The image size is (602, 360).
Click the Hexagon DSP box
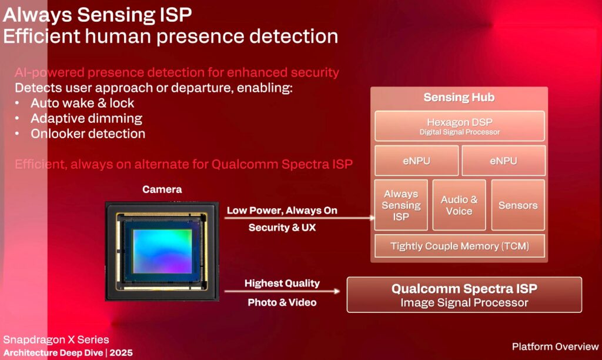click(x=460, y=126)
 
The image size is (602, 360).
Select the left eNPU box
click(x=417, y=161)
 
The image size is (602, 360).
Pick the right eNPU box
click(x=503, y=161)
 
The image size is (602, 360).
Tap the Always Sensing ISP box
click(x=401, y=205)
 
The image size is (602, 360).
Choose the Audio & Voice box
click(x=459, y=205)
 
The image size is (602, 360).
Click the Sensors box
click(x=518, y=205)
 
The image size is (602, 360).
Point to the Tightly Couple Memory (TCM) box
click(x=460, y=246)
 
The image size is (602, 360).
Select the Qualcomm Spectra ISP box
click(x=464, y=295)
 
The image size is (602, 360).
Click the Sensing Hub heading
click(x=459, y=97)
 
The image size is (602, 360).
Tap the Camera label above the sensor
click(x=162, y=189)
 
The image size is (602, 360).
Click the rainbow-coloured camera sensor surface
click(x=162, y=251)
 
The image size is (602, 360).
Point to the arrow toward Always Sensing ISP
click(x=299, y=218)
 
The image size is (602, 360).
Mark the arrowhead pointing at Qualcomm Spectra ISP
click(x=337, y=291)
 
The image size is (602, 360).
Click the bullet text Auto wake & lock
click(x=82, y=103)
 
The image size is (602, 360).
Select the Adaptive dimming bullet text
click(x=86, y=118)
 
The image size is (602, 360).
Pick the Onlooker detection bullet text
click(x=88, y=134)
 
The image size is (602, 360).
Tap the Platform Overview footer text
click(x=555, y=346)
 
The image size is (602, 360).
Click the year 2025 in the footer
click(x=121, y=353)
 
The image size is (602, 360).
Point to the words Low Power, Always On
click(x=282, y=211)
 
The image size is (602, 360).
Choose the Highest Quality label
click(x=282, y=284)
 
